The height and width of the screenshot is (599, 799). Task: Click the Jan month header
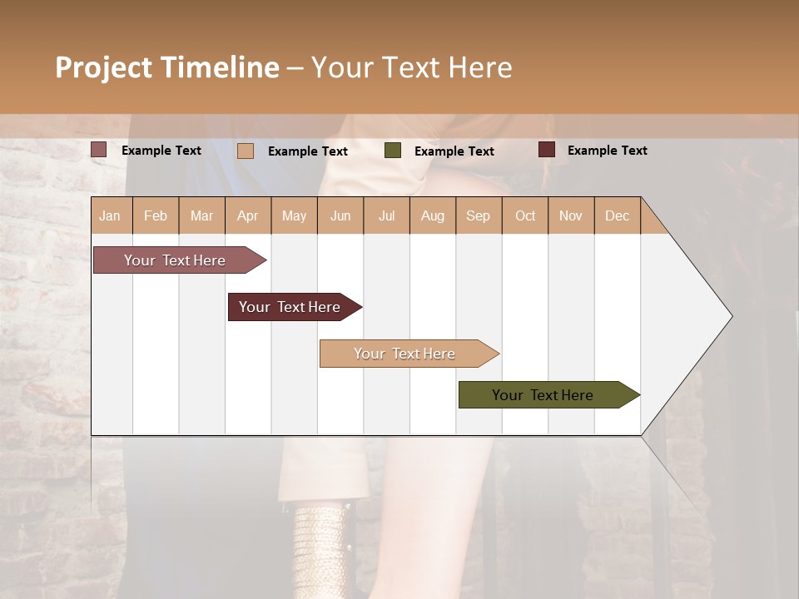click(111, 215)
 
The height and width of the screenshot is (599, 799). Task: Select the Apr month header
click(248, 215)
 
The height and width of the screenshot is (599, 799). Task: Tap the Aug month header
click(432, 215)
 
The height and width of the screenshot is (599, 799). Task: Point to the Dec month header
click(617, 215)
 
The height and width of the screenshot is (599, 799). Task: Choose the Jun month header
click(340, 215)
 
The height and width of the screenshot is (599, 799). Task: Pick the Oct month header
click(525, 215)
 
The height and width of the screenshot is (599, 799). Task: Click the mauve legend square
click(99, 150)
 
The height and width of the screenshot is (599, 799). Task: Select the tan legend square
click(246, 151)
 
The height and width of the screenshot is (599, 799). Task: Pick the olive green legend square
click(393, 151)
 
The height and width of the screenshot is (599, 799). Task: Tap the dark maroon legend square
click(547, 150)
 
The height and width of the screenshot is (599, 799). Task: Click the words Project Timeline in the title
click(166, 67)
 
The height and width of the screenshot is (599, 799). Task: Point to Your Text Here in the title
click(411, 67)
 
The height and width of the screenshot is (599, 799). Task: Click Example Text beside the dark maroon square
click(607, 151)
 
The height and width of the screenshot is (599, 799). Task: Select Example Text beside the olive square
click(454, 151)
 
